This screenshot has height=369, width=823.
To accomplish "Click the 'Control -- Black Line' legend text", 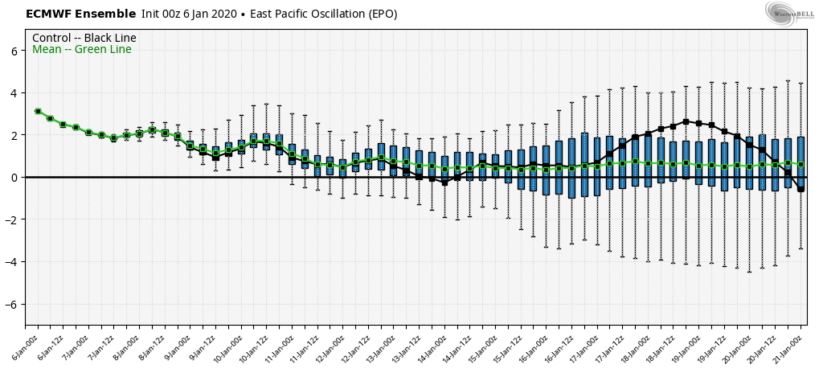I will [x=84, y=38].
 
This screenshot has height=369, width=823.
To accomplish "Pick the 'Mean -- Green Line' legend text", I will [x=81, y=50].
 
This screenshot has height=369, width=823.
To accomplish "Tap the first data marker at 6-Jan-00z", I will [x=38, y=112].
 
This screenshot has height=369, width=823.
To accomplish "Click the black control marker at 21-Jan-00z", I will [x=800, y=189].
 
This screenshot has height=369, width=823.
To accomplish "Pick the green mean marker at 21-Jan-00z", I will [x=800, y=164].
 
